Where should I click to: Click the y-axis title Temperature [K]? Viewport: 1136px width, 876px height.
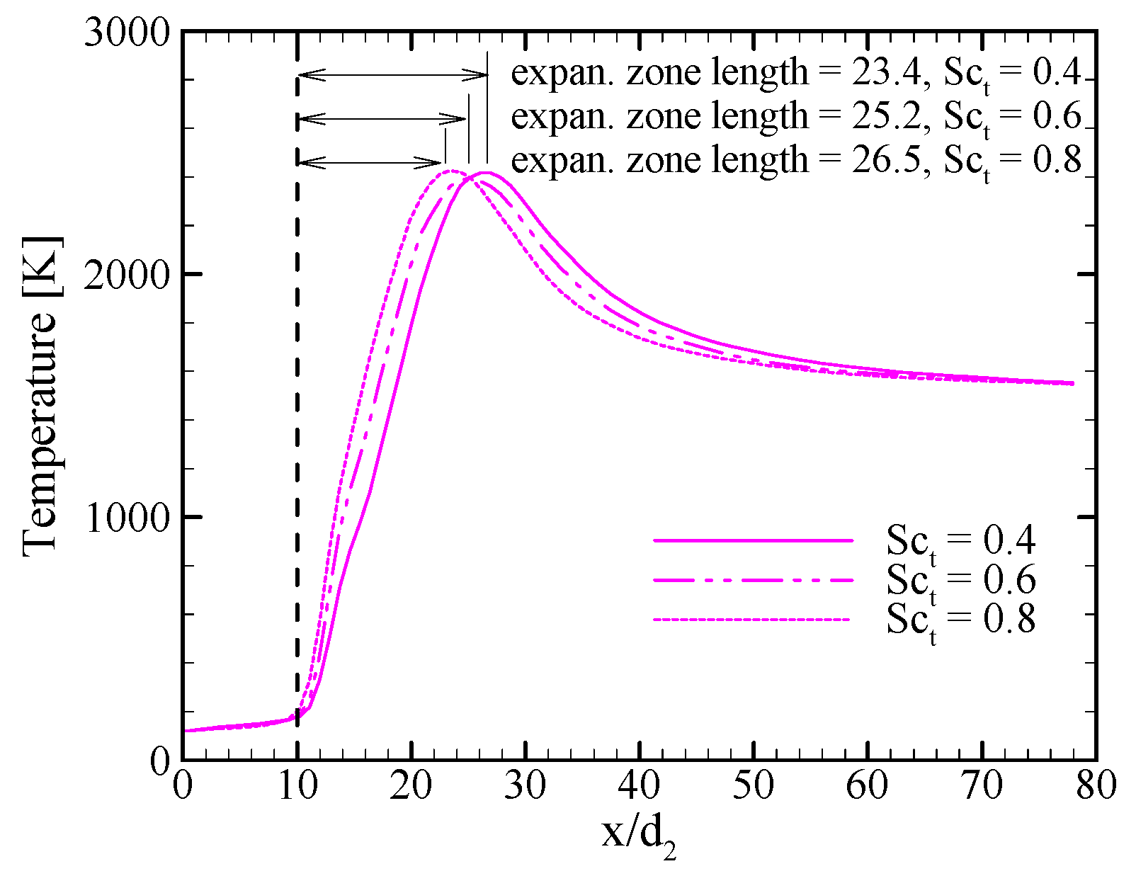[40, 395]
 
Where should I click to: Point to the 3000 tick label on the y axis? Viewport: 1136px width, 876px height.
[127, 33]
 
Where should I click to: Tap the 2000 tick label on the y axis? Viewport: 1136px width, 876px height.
[127, 275]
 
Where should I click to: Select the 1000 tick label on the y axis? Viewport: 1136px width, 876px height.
[127, 518]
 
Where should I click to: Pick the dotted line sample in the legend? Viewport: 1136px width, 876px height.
[753, 620]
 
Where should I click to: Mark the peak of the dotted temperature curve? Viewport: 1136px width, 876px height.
[451, 171]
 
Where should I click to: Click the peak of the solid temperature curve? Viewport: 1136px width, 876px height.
[487, 173]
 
